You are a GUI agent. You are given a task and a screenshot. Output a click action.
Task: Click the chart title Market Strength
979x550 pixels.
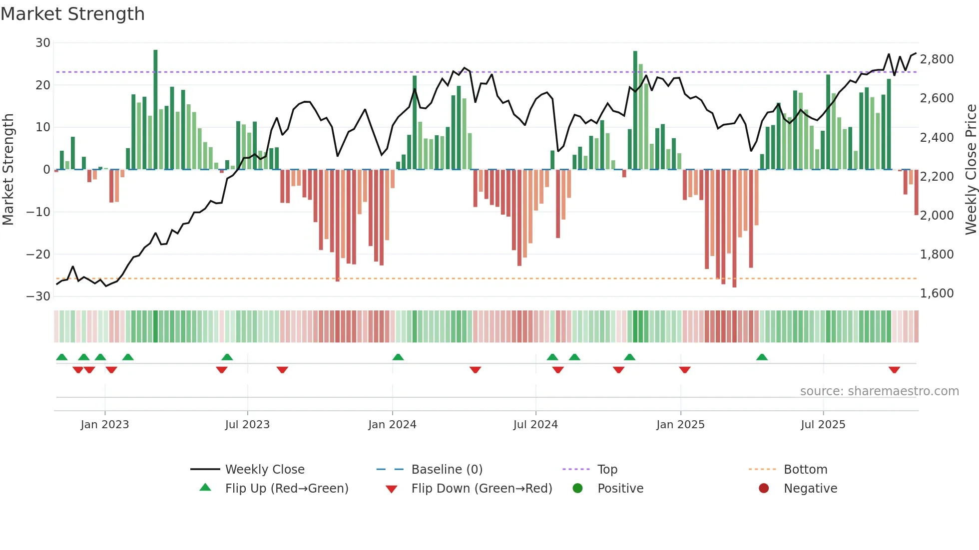coord(72,14)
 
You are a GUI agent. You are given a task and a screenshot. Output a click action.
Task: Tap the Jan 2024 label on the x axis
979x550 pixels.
coord(392,425)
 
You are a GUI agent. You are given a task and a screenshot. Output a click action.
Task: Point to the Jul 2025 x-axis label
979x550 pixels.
coord(823,425)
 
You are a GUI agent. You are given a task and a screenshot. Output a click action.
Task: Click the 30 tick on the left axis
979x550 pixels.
coord(43,43)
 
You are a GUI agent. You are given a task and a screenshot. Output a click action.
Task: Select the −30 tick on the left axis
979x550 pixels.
coord(39,296)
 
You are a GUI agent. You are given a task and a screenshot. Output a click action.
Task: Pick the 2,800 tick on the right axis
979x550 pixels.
coord(937,59)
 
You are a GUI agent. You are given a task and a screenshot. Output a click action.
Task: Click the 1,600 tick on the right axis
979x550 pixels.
coord(937,293)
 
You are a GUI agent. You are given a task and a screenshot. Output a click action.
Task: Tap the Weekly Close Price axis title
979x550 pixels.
coord(971,170)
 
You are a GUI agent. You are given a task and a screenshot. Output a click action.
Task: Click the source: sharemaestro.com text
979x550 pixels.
coord(879,391)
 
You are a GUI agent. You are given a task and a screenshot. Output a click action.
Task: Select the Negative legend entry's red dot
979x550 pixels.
coord(763,489)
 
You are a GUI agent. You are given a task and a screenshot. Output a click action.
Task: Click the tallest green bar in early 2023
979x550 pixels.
coord(155,110)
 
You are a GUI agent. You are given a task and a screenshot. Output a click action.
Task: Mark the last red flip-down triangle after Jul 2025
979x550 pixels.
coord(894,370)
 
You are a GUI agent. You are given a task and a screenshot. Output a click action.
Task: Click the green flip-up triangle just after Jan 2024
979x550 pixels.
coord(398,357)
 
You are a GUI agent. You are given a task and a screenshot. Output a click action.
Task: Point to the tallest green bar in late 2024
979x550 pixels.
coord(635,110)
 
